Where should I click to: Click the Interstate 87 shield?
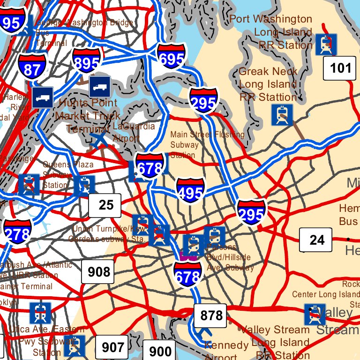click(33, 65)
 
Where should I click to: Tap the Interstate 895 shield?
click(87, 60)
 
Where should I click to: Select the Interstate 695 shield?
click(171, 55)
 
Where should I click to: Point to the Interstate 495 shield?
click(191, 190)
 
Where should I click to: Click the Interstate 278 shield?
click(17, 231)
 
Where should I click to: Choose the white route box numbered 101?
click(340, 68)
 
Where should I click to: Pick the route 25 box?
click(105, 205)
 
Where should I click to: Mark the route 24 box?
click(316, 240)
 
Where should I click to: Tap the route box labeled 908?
click(98, 271)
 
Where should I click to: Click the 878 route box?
click(210, 315)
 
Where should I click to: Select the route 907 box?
click(112, 347)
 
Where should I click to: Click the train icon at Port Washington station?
click(326, 44)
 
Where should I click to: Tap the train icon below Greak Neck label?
click(282, 115)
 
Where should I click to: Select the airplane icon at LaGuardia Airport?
click(99, 139)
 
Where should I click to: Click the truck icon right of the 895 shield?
click(100, 87)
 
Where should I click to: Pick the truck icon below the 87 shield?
click(43, 97)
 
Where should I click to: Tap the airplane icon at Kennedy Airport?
click(204, 333)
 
